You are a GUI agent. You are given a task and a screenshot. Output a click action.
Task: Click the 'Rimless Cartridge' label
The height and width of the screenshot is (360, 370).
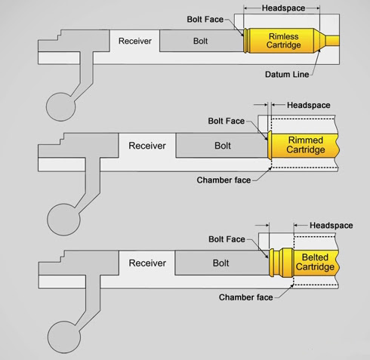pos(284,41)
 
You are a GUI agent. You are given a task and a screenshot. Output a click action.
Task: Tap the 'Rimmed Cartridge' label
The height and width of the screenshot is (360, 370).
pos(306,145)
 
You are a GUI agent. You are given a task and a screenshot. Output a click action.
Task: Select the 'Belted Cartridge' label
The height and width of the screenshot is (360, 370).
pos(315,262)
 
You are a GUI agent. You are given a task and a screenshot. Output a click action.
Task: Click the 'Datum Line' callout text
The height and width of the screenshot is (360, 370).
pos(287,75)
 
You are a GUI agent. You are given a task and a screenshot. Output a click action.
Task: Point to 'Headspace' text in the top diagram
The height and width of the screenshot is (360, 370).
pos(283,8)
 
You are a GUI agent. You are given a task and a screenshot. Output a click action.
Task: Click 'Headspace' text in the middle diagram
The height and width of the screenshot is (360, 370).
pos(309,105)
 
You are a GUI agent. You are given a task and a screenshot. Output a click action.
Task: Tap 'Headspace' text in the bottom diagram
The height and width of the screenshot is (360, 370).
pos(331,226)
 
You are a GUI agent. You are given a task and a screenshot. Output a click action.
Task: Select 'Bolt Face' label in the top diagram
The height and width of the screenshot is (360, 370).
pos(205,20)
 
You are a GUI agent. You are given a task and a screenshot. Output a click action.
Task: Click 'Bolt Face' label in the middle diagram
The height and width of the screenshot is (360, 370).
pos(227,121)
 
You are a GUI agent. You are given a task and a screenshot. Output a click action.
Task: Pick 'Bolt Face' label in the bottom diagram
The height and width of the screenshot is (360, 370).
pos(227,239)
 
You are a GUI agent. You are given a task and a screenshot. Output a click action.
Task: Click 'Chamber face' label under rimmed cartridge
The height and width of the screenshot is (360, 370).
pos(224,180)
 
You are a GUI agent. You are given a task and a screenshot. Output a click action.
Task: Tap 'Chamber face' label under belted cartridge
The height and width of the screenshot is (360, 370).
pos(246,297)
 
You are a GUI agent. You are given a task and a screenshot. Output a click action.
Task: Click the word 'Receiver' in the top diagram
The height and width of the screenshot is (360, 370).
pos(135,41)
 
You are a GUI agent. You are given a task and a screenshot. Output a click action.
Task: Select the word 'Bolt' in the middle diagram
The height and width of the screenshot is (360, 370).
pos(223,146)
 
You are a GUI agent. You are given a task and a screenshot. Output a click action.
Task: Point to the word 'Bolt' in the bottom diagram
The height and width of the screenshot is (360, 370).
pos(220,263)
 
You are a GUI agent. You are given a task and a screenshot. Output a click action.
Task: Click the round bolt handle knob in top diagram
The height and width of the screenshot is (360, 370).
pos(60,107)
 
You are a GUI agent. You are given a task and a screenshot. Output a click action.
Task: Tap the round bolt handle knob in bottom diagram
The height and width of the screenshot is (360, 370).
pos(64,337)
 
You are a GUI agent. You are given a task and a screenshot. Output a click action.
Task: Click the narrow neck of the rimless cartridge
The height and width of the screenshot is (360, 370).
pos(332,41)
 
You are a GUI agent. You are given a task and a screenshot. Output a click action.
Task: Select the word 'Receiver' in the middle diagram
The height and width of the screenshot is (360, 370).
pos(147,146)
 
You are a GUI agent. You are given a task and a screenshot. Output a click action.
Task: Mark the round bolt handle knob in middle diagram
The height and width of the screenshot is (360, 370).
pos(63,220)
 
